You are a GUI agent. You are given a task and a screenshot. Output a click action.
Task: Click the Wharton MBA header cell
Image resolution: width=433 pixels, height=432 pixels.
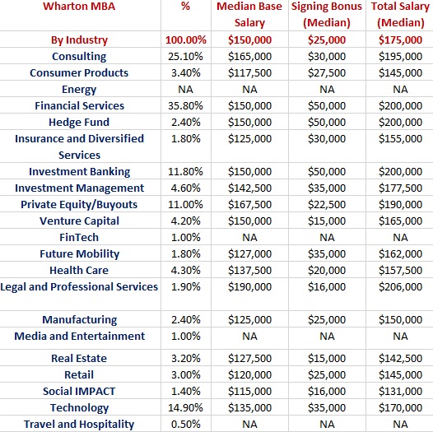79,6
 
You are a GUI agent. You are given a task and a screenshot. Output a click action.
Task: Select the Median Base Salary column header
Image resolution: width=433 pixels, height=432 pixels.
249,14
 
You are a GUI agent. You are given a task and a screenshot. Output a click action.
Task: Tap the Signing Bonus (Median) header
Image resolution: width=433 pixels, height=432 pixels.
327,14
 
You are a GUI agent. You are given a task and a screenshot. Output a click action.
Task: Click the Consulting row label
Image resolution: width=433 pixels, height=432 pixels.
79,57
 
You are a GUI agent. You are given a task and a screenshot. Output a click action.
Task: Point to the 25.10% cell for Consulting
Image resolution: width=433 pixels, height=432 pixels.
185,56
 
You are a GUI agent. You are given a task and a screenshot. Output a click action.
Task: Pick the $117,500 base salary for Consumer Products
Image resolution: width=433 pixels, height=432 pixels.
249,73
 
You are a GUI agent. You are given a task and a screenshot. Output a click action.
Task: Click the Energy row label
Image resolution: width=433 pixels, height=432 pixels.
79,90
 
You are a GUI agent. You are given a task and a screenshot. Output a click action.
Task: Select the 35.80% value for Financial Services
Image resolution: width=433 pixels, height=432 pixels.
185,105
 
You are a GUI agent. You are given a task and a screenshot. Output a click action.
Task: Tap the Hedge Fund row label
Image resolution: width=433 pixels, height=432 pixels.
79,123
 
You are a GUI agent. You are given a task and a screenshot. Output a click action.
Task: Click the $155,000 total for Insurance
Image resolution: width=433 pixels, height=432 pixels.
400,139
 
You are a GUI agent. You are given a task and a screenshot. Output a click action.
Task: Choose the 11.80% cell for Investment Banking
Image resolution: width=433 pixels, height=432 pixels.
185,171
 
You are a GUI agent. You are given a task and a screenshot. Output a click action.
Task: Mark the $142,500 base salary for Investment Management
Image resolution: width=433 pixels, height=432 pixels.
249,188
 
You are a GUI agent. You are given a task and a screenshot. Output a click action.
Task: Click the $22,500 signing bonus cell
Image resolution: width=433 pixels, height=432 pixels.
327,205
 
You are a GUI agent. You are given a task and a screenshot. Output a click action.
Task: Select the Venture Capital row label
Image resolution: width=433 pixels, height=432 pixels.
79,221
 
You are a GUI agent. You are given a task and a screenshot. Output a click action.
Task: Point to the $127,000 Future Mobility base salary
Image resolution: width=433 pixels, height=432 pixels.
249,254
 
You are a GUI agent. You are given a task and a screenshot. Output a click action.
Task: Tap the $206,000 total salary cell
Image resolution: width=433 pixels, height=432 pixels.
400,287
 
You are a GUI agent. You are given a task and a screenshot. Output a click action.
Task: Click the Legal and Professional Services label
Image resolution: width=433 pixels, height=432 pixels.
79,287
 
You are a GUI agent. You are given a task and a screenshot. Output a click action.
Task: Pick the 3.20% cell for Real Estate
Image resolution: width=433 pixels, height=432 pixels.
185,358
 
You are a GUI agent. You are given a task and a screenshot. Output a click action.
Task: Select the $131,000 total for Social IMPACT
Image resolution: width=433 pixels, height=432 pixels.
400,391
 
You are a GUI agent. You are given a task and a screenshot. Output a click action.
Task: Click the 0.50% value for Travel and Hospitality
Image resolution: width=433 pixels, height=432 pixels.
185,424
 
